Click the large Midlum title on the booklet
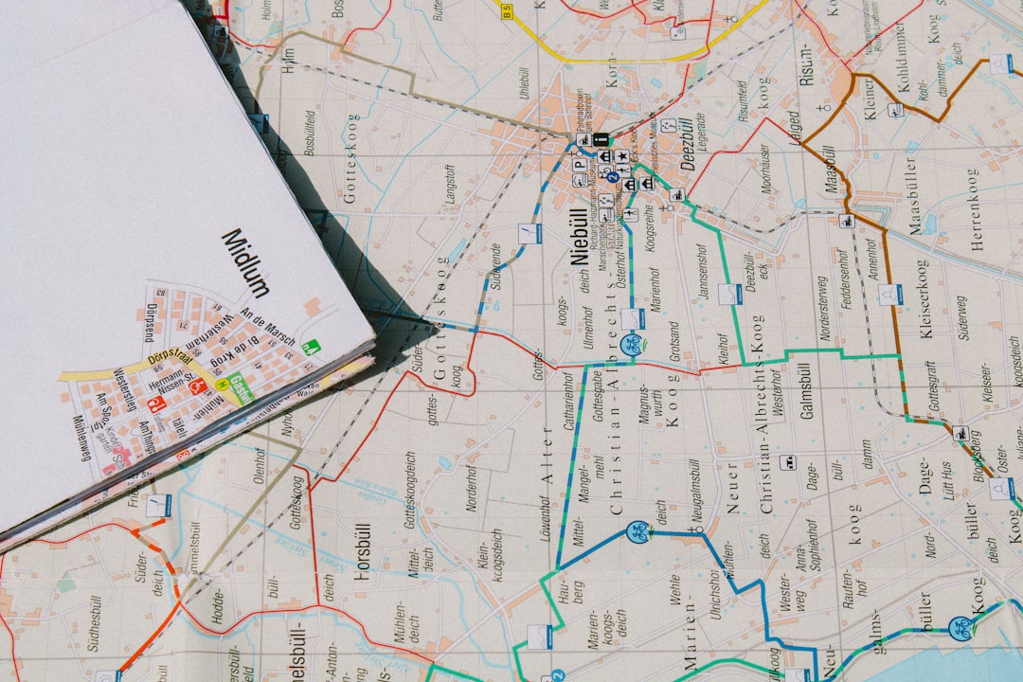245,262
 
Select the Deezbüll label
689,143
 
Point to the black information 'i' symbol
601,140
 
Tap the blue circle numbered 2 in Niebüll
612,177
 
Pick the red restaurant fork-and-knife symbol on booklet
198,386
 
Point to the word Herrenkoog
973,208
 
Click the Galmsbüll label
807,389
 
